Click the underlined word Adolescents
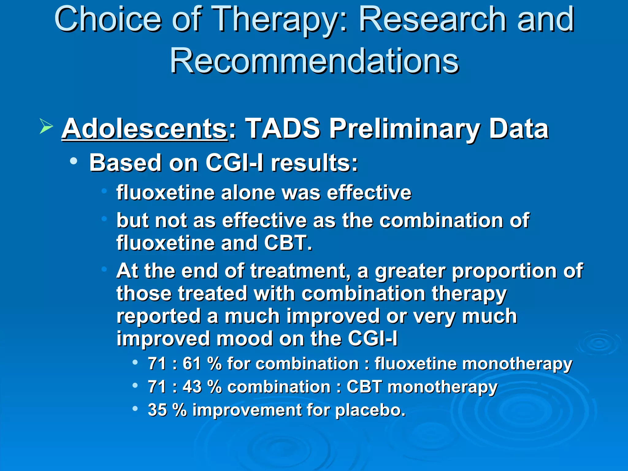[144, 129]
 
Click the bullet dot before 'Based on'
[73, 161]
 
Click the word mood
[244, 339]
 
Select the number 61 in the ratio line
[192, 364]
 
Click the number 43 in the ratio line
[192, 386]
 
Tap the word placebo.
[370, 410]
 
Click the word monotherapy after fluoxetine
[517, 364]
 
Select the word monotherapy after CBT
[442, 387]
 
